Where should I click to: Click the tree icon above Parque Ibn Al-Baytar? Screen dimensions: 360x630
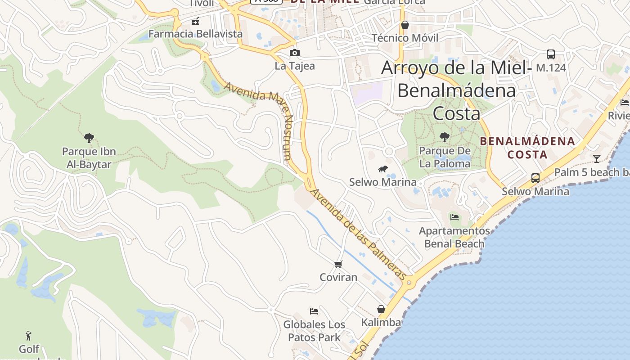pyautogui.click(x=89, y=138)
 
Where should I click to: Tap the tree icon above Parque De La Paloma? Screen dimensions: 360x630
pyautogui.click(x=445, y=137)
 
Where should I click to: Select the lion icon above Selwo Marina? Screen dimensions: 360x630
pyautogui.click(x=383, y=169)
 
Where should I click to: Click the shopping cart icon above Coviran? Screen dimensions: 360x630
pyautogui.click(x=338, y=264)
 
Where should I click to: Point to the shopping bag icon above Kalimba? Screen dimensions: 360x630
pyautogui.click(x=381, y=309)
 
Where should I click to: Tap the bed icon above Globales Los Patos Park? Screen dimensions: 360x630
pyautogui.click(x=314, y=311)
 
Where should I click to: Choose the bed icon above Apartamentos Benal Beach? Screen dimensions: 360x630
pyautogui.click(x=454, y=217)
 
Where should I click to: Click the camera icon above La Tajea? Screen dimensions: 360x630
pyautogui.click(x=295, y=53)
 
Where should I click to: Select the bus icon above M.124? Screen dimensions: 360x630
pyautogui.click(x=551, y=54)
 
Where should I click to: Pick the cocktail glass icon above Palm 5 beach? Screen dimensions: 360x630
pyautogui.click(x=597, y=158)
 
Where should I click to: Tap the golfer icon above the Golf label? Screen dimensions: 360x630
pyautogui.click(x=29, y=336)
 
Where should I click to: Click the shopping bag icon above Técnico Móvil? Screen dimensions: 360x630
pyautogui.click(x=405, y=25)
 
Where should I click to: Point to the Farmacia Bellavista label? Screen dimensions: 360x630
pyautogui.click(x=195, y=34)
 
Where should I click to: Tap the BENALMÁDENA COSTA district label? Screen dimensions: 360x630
pyautogui.click(x=527, y=148)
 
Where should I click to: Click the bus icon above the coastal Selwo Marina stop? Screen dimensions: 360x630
pyautogui.click(x=535, y=178)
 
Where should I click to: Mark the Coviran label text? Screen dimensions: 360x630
pyautogui.click(x=338, y=277)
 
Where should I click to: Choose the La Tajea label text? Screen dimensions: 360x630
pyautogui.click(x=295, y=66)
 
